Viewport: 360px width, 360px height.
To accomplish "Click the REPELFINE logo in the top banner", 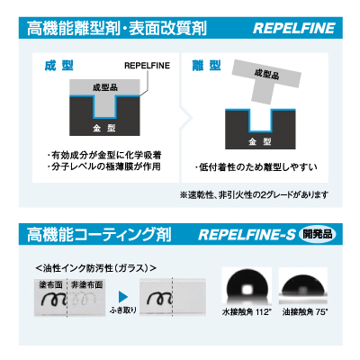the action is pos(294,28).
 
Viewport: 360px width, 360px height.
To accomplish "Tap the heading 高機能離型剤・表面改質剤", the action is pos(117,28).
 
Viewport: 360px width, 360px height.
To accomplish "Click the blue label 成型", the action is pos(58,66).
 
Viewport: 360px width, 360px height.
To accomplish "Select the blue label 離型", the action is pos(206,66).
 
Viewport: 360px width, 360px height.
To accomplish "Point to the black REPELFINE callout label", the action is pos(147,66).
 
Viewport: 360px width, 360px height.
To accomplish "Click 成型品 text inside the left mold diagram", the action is pos(105,87).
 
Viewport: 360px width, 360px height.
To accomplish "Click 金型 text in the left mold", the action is pos(104,128).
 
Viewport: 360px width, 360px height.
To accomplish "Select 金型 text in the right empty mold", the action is pos(260,141).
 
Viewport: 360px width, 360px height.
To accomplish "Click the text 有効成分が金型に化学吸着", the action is pos(104,155).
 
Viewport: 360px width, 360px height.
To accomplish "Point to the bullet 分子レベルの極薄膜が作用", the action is pos(103,166).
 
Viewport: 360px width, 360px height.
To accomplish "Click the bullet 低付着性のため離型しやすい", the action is pos(256,166).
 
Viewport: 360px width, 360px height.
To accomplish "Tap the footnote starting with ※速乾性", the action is pos(254,195).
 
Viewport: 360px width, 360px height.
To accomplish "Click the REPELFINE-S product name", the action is pos(247,235).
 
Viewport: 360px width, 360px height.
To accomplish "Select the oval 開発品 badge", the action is pos(318,234).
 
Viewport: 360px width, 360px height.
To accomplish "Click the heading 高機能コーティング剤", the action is pos(99,235).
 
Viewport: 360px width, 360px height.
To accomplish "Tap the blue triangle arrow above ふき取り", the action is pos(123,297).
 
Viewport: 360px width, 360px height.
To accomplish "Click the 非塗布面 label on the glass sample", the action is pos(87,285).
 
